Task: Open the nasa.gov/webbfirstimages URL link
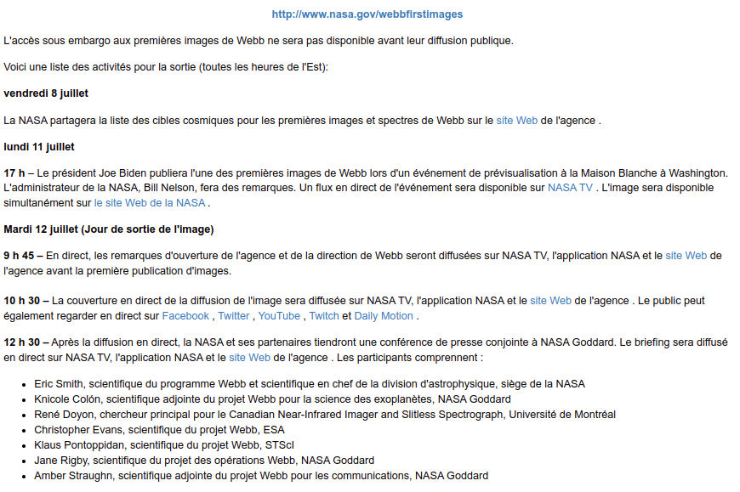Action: (x=367, y=14)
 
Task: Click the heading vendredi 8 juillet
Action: (x=46, y=93)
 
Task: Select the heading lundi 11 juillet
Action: (x=39, y=147)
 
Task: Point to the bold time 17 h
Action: (x=14, y=173)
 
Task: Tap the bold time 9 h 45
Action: (x=20, y=255)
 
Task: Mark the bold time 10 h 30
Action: (x=23, y=301)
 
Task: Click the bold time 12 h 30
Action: (x=23, y=342)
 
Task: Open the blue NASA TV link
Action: (x=570, y=188)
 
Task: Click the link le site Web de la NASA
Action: (x=150, y=202)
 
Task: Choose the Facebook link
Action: (x=185, y=316)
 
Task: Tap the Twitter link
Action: (x=234, y=316)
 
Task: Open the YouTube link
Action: (x=279, y=316)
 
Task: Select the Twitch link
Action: (x=323, y=316)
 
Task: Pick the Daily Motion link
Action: (x=384, y=316)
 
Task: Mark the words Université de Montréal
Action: (x=564, y=415)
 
